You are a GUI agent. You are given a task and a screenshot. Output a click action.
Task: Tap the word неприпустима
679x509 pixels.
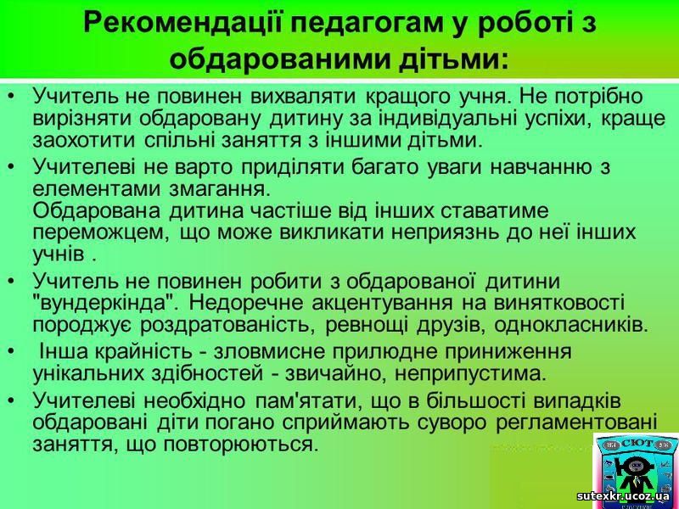(x=470, y=374)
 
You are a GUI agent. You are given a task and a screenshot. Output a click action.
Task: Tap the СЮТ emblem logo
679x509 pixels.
(x=635, y=471)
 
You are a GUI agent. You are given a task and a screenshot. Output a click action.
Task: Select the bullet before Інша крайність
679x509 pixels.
(x=11, y=352)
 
